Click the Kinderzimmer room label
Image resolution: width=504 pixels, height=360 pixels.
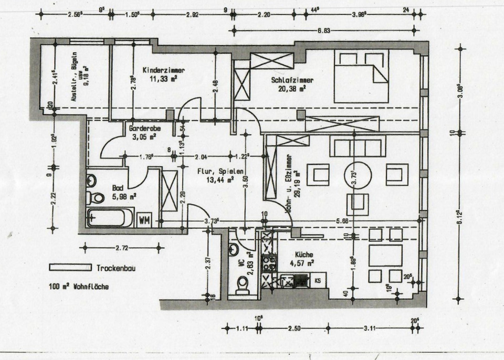(x=164, y=70)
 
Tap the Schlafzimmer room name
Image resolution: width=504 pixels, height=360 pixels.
(x=293, y=80)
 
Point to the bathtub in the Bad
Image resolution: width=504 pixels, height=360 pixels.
(x=110, y=217)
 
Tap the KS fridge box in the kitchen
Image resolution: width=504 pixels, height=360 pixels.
(x=318, y=281)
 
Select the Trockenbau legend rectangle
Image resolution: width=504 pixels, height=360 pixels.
(x=71, y=267)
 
